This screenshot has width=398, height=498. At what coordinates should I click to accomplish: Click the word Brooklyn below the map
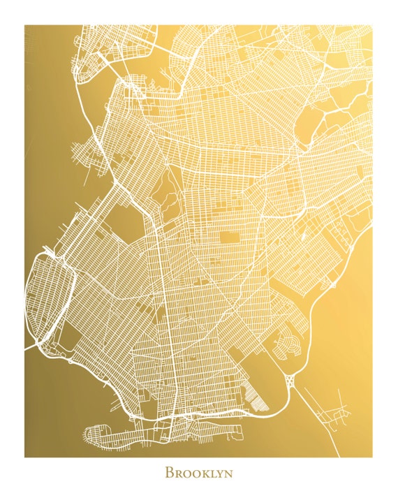(x=198, y=473)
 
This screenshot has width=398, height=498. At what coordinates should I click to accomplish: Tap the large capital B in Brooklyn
(x=169, y=473)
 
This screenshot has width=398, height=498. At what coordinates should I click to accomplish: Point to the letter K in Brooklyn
(x=202, y=474)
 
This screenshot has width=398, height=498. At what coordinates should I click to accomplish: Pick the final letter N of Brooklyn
(x=228, y=474)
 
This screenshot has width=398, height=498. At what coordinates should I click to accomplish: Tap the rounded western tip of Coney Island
(x=87, y=434)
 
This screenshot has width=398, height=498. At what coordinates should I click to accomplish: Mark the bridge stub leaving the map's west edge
(x=31, y=346)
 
